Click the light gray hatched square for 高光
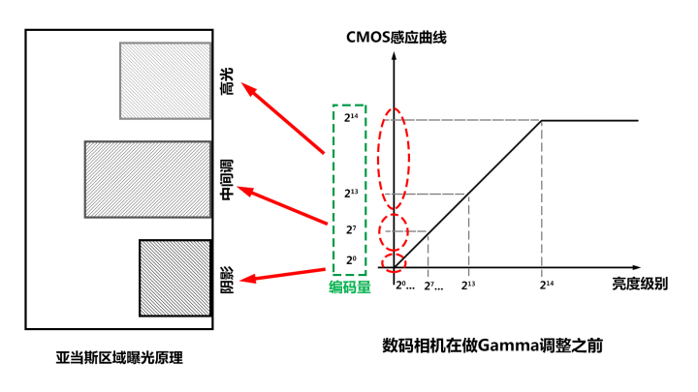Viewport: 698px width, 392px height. [x=165, y=80]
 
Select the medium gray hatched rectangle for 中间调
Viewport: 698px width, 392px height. [x=147, y=179]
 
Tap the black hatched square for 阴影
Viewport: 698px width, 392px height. [x=174, y=278]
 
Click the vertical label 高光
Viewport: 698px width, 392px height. [x=226, y=82]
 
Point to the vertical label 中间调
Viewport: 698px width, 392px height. [x=226, y=180]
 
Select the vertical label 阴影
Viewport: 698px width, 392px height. [x=226, y=278]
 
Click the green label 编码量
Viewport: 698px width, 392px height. [x=349, y=286]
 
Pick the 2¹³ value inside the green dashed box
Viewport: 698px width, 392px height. [x=351, y=193]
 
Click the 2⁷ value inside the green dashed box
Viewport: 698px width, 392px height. [x=350, y=229]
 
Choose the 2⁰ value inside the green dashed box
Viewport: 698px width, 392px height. [x=350, y=260]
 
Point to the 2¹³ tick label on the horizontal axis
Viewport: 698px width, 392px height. [x=469, y=285]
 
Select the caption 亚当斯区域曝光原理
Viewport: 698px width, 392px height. [x=119, y=357]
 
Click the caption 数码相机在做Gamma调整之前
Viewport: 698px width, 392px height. [x=492, y=345]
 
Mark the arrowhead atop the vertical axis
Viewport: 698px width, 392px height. [x=395, y=56]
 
